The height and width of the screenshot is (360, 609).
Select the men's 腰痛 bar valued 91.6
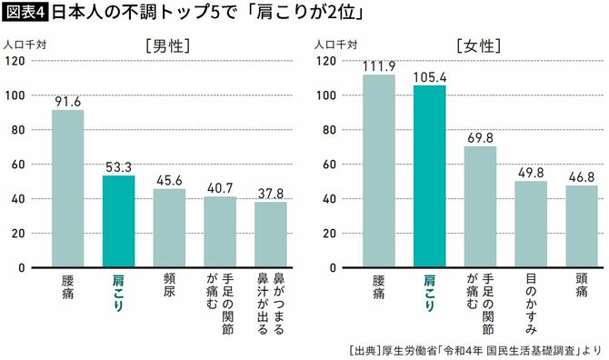click(67, 188)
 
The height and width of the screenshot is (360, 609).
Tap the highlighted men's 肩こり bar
click(118, 222)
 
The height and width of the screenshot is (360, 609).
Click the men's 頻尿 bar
click(169, 228)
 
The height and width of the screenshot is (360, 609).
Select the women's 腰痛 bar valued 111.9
click(378, 171)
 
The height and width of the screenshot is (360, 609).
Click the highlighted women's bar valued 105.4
click(429, 176)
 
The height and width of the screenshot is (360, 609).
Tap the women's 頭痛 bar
click(582, 227)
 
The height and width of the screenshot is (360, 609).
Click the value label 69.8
click(480, 136)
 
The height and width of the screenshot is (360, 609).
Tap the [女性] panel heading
click(479, 45)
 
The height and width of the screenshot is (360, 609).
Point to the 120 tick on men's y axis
click(15, 61)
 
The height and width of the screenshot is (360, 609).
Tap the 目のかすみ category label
click(531, 304)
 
